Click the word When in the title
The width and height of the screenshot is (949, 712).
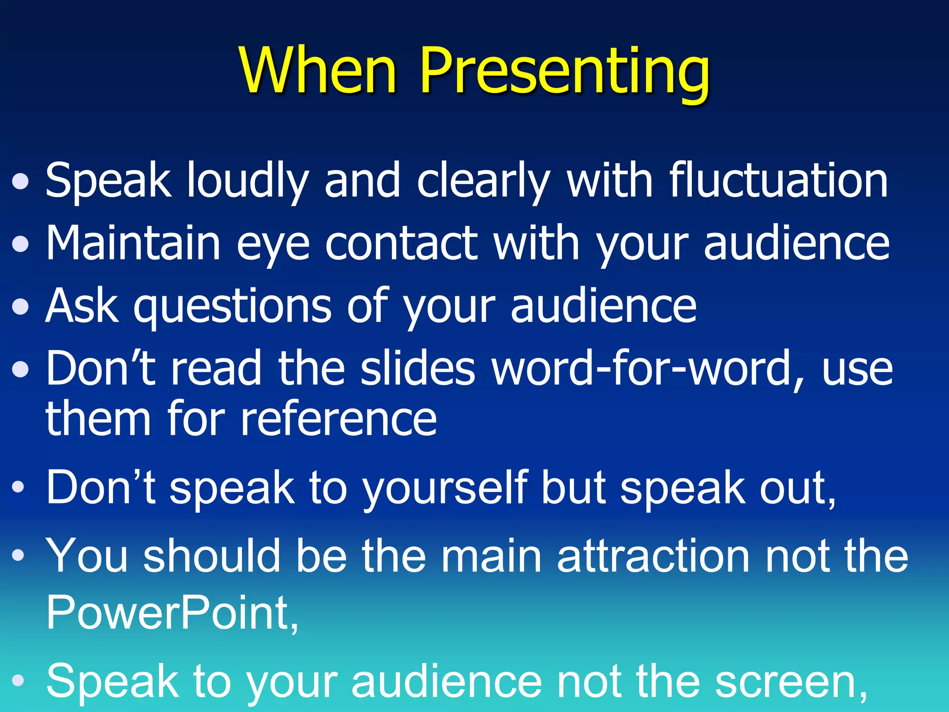click(318, 70)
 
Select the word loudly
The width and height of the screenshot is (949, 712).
click(247, 181)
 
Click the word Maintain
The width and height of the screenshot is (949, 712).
click(133, 243)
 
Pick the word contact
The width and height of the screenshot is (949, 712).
click(401, 243)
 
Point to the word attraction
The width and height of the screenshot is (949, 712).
click(653, 556)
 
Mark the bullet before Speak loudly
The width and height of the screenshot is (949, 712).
click(21, 182)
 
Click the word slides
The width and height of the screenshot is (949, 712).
click(418, 369)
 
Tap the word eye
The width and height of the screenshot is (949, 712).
click(273, 244)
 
